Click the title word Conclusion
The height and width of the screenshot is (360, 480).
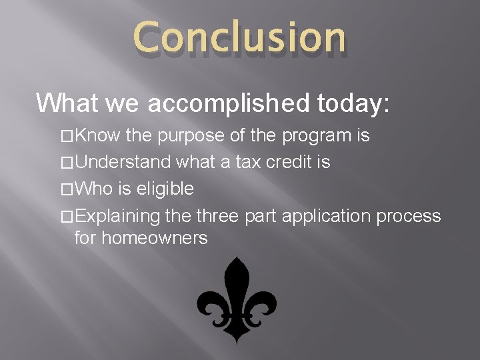coord(239,37)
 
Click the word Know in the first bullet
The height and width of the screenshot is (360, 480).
coord(97,137)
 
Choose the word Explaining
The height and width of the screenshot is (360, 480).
coord(119,216)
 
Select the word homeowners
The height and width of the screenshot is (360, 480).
coord(141,237)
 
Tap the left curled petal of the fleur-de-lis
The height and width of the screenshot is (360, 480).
coord(209,308)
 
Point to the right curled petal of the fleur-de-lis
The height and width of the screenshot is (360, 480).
coord(265,308)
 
